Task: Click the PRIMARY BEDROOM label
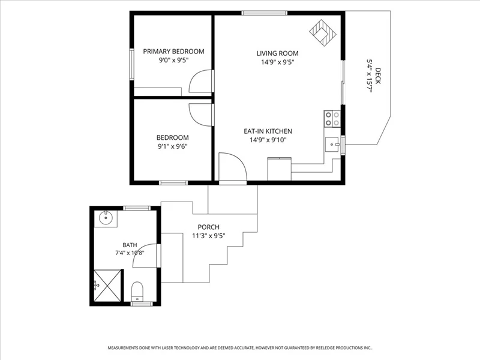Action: point(173,52)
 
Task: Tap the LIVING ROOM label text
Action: point(277,53)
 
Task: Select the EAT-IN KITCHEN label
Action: point(268,131)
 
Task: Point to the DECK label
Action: point(378,76)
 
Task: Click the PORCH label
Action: point(208,227)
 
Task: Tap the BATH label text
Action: point(130,245)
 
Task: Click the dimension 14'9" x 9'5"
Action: point(277,62)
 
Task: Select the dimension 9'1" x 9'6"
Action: point(172,146)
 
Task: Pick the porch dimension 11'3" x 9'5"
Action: point(208,236)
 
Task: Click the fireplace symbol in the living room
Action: point(323,33)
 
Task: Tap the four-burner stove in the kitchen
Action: point(332,119)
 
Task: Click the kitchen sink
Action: point(332,145)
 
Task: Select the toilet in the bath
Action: point(137,292)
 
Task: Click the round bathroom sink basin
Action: point(106,218)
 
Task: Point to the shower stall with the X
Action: point(107,286)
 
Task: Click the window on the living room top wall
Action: point(265,13)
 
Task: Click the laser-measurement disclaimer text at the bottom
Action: point(240,348)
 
